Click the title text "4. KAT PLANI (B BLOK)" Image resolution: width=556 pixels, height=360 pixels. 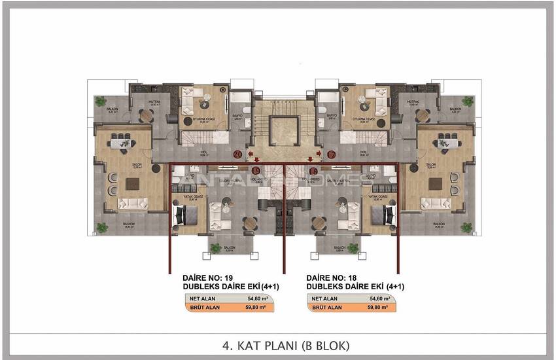(x=278, y=344)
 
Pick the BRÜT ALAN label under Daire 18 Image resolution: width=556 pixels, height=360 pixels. (x=327, y=307)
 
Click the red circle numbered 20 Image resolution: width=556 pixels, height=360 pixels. (x=237, y=154)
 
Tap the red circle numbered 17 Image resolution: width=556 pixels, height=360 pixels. (x=332, y=154)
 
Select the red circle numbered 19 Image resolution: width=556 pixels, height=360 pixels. (x=256, y=170)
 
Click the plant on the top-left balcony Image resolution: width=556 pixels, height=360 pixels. (x=100, y=101)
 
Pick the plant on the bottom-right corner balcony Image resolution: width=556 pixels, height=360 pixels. (x=466, y=228)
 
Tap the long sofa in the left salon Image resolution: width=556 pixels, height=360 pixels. (x=133, y=204)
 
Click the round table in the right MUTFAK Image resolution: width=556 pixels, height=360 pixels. (x=423, y=116)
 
